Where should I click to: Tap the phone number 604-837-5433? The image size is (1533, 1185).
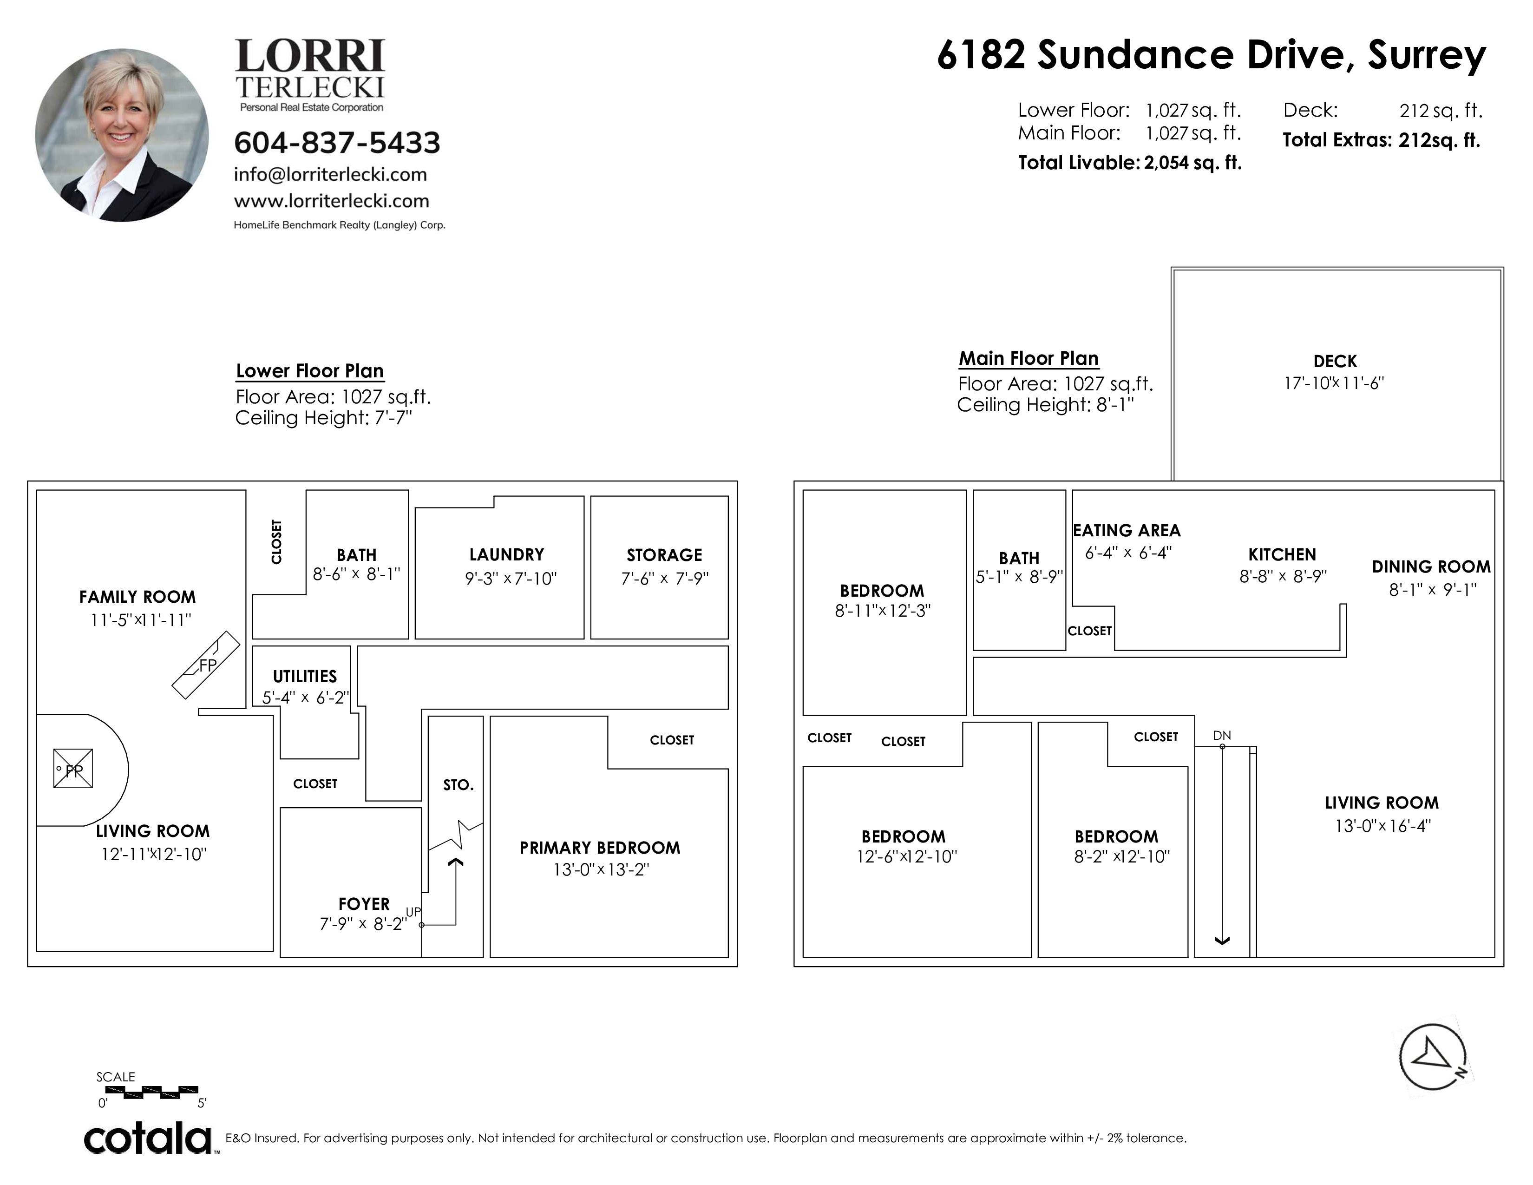click(x=337, y=143)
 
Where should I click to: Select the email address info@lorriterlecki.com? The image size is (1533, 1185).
click(x=331, y=175)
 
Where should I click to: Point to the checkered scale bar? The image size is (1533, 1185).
click(x=147, y=1092)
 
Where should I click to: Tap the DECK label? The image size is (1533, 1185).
click(x=1335, y=362)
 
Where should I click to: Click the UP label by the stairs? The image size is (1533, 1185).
click(x=413, y=912)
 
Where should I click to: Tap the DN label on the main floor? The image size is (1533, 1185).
click(x=1222, y=735)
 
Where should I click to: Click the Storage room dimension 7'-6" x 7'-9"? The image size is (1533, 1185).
click(x=665, y=579)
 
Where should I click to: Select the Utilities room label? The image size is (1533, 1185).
click(x=305, y=677)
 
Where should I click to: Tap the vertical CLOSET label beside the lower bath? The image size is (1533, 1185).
click(x=276, y=542)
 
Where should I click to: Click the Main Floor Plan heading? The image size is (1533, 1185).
click(x=1029, y=359)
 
